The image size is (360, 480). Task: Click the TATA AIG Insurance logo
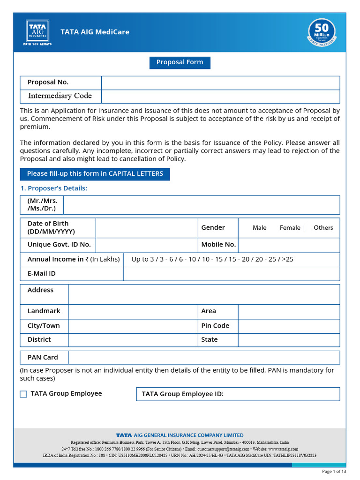point(37,32)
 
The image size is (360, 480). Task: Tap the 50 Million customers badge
point(321,32)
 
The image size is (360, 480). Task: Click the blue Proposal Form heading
point(180,62)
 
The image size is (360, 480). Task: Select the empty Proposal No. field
point(220,82)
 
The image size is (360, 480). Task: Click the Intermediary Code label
point(60,96)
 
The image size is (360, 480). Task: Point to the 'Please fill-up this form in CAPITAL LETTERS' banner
point(95,174)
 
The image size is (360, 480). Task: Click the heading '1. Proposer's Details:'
point(53,188)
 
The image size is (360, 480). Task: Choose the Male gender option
point(259,228)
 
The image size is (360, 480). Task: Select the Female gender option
point(290,228)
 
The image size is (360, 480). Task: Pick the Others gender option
point(323,228)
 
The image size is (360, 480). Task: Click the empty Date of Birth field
point(146,228)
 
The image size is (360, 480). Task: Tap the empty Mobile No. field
point(289,245)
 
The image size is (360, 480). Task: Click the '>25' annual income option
point(288,259)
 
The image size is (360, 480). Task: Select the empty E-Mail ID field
point(232,274)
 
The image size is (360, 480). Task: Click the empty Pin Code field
point(289,326)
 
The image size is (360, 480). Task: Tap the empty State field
point(289,340)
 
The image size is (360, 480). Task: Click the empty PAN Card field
point(203,358)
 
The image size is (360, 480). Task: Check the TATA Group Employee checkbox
point(23,394)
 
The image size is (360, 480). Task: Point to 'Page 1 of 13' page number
point(334,471)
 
